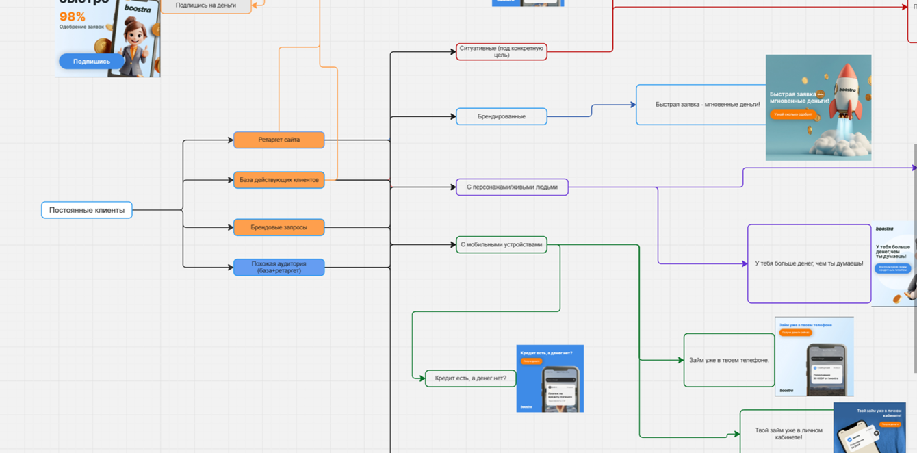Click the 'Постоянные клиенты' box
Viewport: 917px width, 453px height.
[86, 210]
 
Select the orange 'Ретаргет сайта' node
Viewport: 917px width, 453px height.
[279, 140]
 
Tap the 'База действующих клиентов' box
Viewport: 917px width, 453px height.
[279, 180]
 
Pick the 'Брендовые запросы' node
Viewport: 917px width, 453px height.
[279, 227]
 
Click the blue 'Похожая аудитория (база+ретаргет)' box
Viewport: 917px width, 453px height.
[279, 267]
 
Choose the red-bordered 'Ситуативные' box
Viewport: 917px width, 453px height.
[501, 52]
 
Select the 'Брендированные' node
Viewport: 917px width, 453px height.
[501, 116]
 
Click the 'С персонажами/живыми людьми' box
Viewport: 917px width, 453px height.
[512, 187]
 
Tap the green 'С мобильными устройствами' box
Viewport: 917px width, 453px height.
[501, 244]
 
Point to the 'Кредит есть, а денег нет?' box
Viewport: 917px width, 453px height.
[470, 378]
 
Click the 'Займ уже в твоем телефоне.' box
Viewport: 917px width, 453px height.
[729, 360]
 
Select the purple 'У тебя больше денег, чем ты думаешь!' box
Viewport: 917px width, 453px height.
[809, 263]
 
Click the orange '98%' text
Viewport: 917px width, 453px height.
[72, 16]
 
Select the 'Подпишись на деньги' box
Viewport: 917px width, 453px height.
[205, 5]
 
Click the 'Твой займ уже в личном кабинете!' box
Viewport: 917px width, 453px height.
[788, 434]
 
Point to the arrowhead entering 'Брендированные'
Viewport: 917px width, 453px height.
[453, 116]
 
